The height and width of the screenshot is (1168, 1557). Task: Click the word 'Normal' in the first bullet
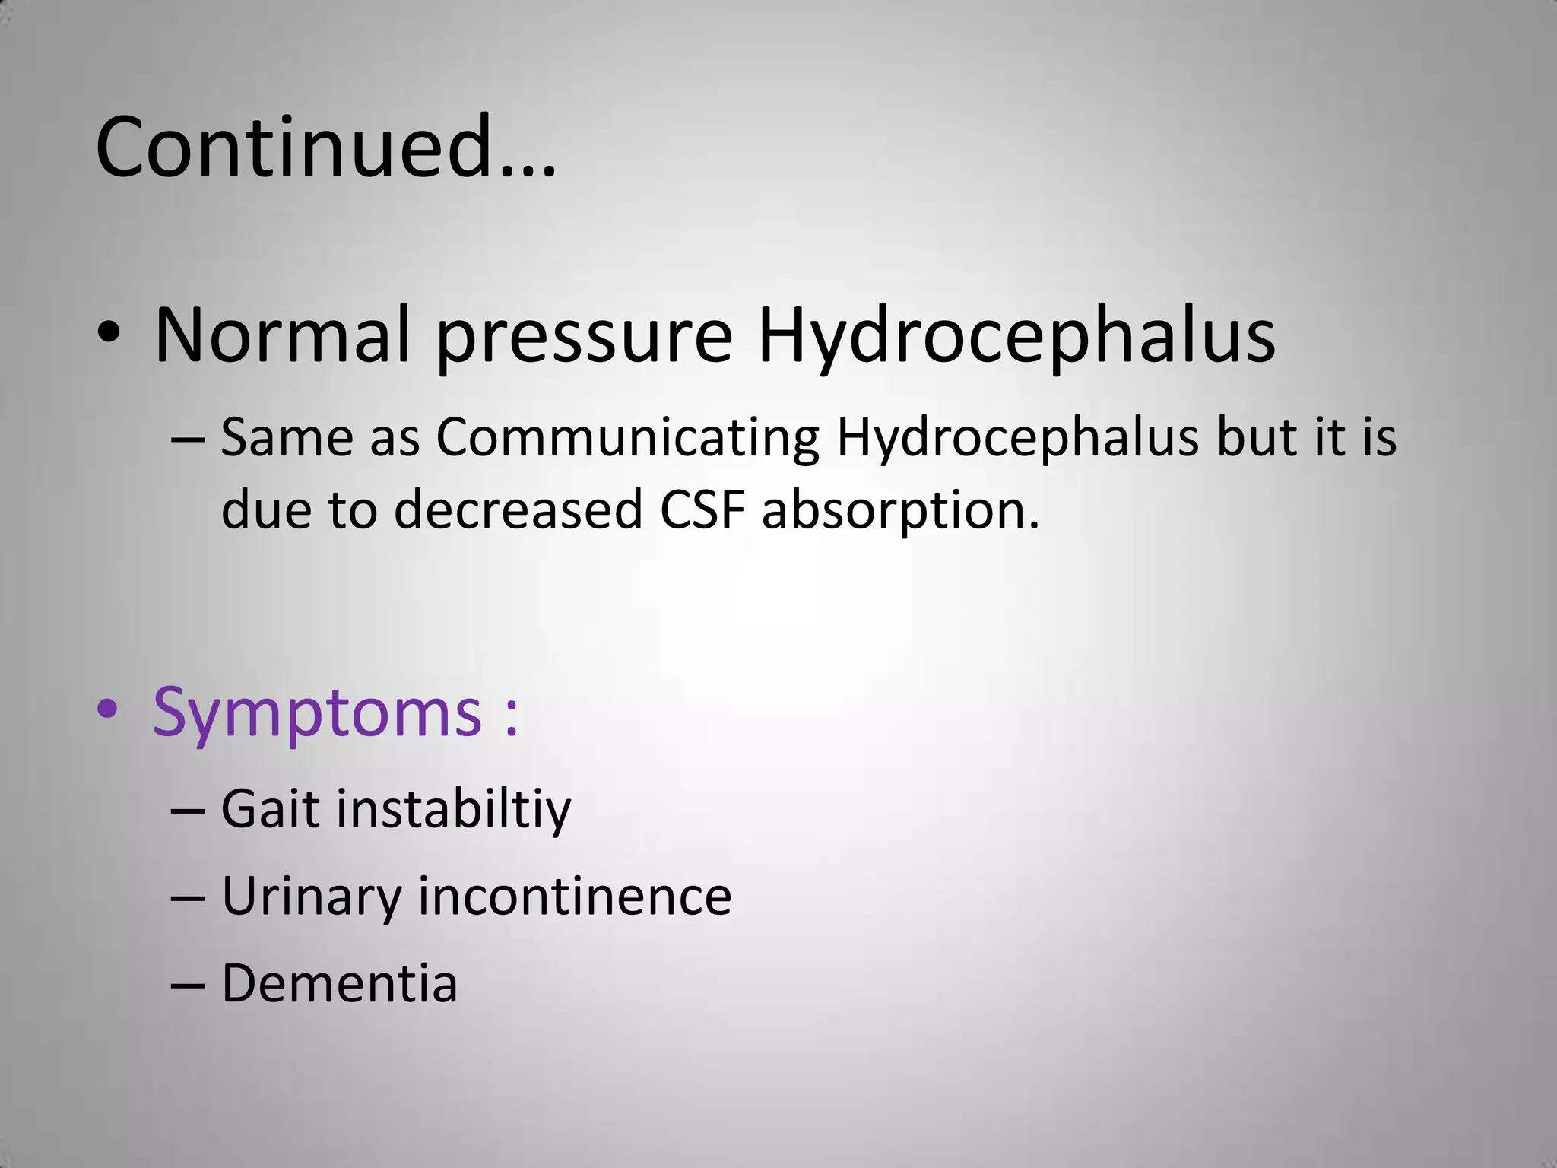click(x=282, y=335)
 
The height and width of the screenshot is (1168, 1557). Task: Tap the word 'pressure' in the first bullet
click(x=584, y=338)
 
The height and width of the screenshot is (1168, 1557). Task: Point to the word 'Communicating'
click(x=627, y=440)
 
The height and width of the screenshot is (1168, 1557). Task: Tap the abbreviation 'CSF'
click(x=702, y=509)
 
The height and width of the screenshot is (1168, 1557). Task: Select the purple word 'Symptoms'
click(x=317, y=713)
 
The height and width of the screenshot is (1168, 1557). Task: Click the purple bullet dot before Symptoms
click(x=108, y=709)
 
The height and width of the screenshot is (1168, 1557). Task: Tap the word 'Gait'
click(x=270, y=808)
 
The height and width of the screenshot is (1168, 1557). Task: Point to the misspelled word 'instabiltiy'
click(x=453, y=810)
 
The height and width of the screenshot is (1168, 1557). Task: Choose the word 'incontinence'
click(x=575, y=896)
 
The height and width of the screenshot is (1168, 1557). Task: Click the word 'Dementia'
click(x=339, y=983)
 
